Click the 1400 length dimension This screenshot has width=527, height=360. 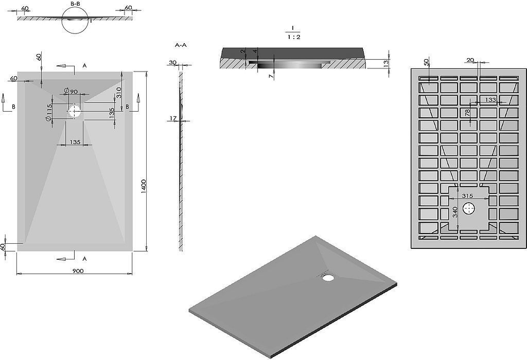coord(144,186)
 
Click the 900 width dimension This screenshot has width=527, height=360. coord(78,271)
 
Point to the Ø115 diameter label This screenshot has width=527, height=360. coord(49,113)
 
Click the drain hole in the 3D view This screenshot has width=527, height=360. coord(327,277)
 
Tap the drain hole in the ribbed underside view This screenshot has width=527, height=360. coord(469,209)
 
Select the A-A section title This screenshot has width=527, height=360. coord(181,45)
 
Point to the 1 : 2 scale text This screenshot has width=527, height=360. coord(294,37)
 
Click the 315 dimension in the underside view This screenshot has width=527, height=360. coord(467,196)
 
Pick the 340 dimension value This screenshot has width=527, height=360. coord(455,212)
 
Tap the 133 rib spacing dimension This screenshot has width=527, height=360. coord(490,100)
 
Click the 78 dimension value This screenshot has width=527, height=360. coord(467,113)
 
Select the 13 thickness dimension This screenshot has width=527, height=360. coord(387,62)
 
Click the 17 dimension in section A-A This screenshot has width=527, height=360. coord(173,118)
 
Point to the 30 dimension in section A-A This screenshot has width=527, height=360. coord(173,62)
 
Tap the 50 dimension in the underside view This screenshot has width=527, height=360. coord(427,62)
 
